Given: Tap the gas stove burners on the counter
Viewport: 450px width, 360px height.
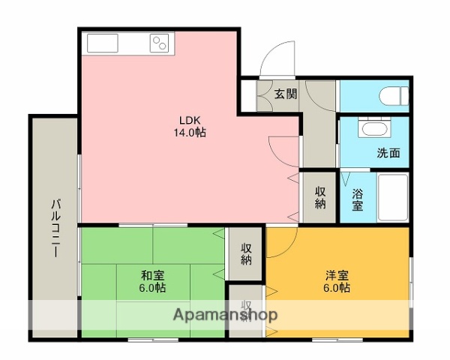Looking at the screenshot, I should [x=160, y=43].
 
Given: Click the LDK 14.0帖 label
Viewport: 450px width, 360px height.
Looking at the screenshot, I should [x=189, y=126].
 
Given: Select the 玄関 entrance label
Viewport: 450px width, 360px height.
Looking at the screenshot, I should [x=285, y=94].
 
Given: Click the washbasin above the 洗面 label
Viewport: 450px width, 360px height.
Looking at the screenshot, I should [x=371, y=129].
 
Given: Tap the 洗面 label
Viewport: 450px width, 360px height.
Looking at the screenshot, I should [x=388, y=153].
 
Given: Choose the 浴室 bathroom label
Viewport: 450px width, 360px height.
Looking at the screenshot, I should [x=358, y=199].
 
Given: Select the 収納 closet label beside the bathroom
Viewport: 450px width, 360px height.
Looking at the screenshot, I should [x=320, y=198].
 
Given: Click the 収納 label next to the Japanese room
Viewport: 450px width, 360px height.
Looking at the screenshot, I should [x=246, y=253].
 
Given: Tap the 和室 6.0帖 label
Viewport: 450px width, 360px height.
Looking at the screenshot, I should [x=152, y=281].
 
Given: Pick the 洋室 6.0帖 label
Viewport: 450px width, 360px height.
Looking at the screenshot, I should [x=336, y=281].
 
